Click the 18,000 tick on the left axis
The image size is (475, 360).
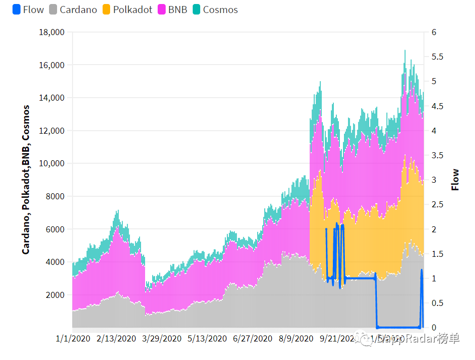(x=52, y=33)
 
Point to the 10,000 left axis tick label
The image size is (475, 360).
(x=52, y=164)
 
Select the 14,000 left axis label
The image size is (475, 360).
(x=52, y=98)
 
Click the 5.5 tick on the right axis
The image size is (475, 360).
(x=437, y=57)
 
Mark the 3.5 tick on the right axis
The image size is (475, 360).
(x=437, y=156)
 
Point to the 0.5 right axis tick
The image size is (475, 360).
(x=437, y=303)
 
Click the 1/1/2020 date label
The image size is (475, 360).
(x=74, y=338)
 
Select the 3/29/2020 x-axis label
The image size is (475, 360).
(x=163, y=338)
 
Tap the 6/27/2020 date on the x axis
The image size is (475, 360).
(x=253, y=338)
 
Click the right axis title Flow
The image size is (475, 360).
(x=455, y=180)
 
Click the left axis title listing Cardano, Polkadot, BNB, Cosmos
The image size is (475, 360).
(x=26, y=180)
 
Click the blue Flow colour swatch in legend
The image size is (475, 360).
(x=17, y=10)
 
